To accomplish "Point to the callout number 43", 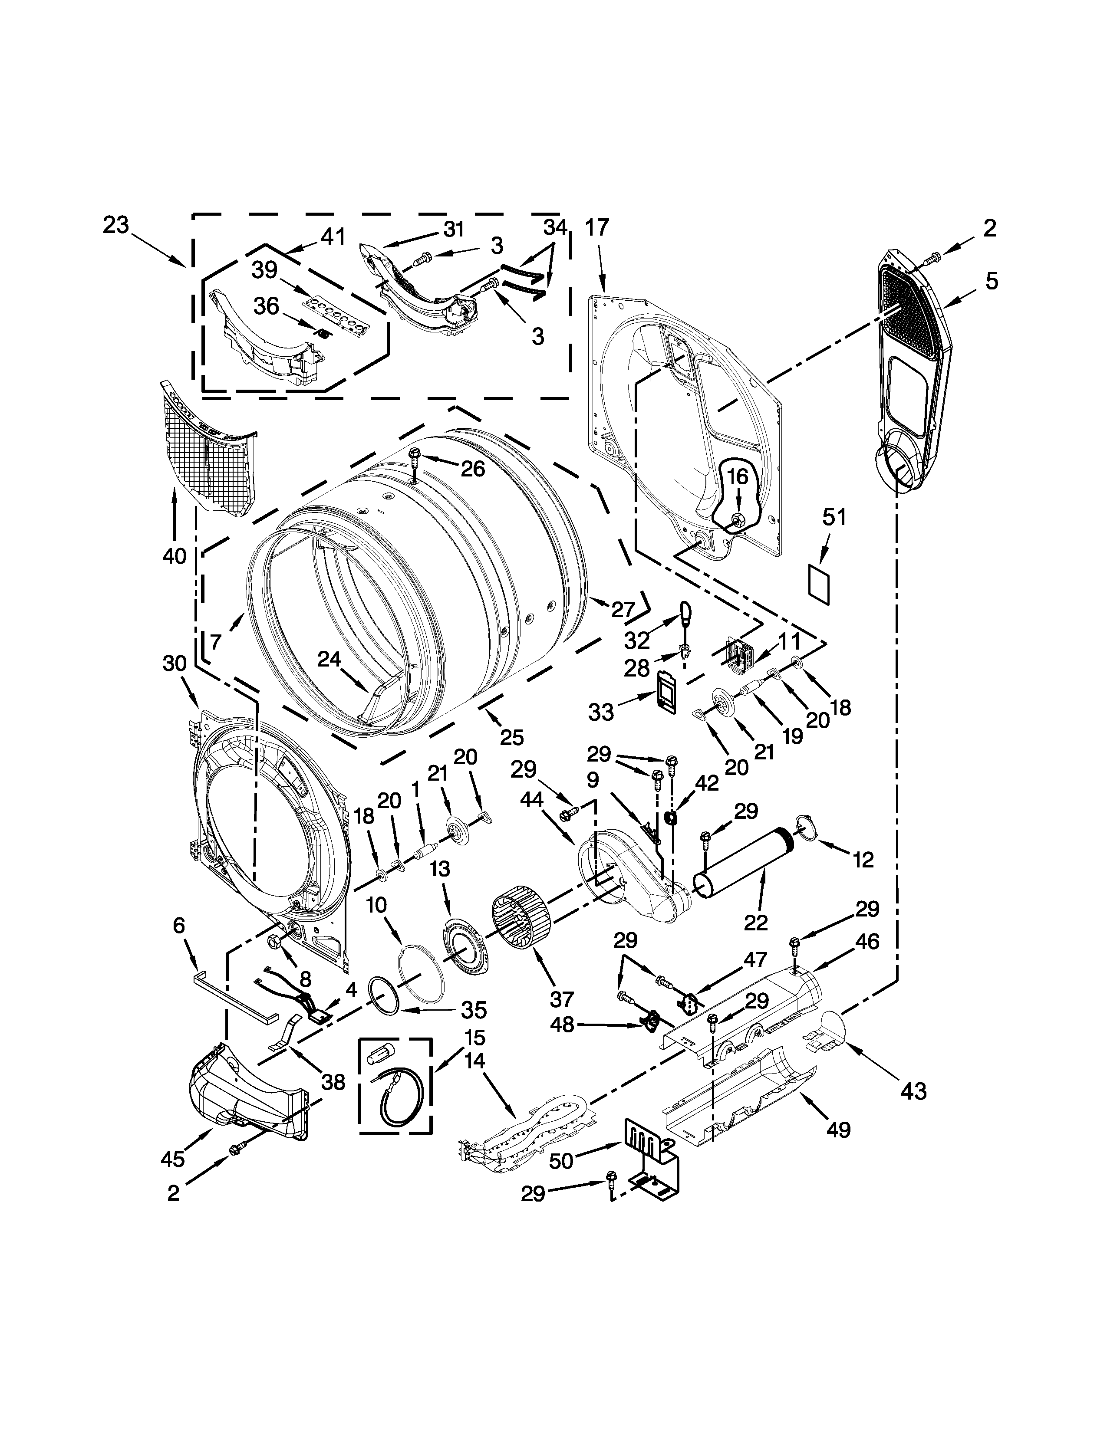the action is (913, 1091).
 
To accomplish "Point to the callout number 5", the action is (992, 281).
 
